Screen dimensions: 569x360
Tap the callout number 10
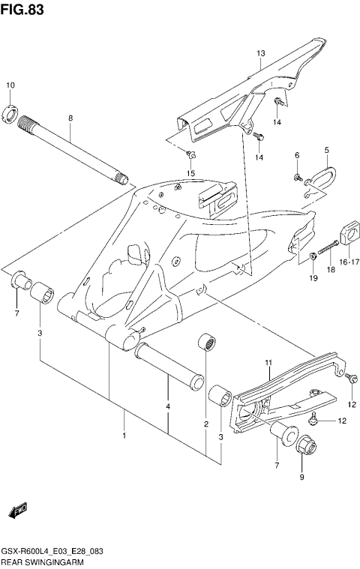point(10,85)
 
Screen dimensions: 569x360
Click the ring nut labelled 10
point(12,114)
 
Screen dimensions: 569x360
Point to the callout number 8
point(70,118)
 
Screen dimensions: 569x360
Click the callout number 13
point(261,54)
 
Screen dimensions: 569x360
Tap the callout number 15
point(190,173)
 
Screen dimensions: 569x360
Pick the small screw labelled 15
point(190,155)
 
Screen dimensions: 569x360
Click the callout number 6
point(296,155)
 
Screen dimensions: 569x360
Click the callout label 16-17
point(349,262)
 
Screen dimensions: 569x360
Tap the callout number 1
point(124,435)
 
